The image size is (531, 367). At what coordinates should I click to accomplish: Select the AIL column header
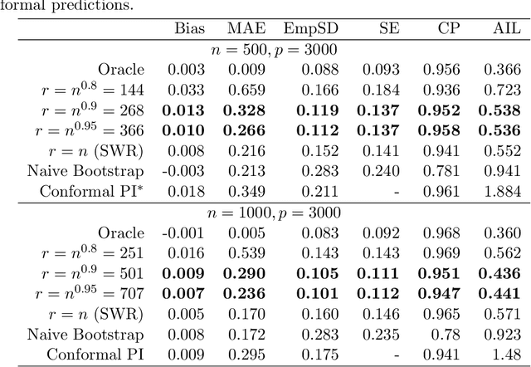pyautogui.click(x=507, y=29)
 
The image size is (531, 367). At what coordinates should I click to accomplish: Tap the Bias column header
pyautogui.click(x=190, y=29)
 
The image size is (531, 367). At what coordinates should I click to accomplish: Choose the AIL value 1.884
pyautogui.click(x=503, y=192)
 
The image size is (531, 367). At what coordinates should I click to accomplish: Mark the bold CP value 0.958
pyautogui.click(x=442, y=130)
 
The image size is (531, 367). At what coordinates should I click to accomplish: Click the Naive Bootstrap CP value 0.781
pyautogui.click(x=444, y=171)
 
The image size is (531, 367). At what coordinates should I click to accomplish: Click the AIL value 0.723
pyautogui.click(x=503, y=90)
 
